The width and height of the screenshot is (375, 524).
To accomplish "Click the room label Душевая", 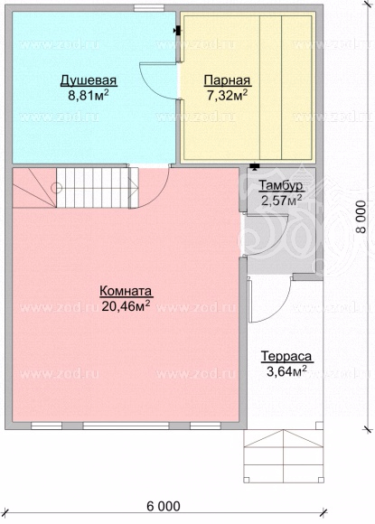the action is (x=89, y=81).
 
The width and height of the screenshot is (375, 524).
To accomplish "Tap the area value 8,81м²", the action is (x=89, y=96).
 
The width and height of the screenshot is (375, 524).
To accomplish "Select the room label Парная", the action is (x=228, y=81).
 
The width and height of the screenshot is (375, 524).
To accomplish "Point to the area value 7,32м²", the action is (x=228, y=96).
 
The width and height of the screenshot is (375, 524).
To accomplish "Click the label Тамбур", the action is (x=281, y=185).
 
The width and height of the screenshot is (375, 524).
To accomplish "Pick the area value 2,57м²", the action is (x=281, y=201).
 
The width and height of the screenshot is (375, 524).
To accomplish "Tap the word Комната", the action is (x=126, y=291).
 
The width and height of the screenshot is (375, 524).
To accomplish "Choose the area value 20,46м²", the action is (x=126, y=305).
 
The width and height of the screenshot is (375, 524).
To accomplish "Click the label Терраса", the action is (x=286, y=356).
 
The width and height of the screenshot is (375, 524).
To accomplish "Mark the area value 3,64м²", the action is (x=286, y=371).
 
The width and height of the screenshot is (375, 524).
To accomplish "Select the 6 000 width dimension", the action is (x=163, y=506).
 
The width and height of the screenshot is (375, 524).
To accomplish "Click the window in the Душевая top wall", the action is (x=149, y=8).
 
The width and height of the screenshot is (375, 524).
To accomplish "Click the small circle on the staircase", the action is (x=57, y=188).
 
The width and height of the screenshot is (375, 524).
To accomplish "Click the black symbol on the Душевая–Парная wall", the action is (x=177, y=31).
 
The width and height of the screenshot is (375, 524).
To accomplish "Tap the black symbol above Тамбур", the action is (x=255, y=166).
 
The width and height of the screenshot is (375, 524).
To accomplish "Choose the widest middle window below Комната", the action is (x=126, y=426).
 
